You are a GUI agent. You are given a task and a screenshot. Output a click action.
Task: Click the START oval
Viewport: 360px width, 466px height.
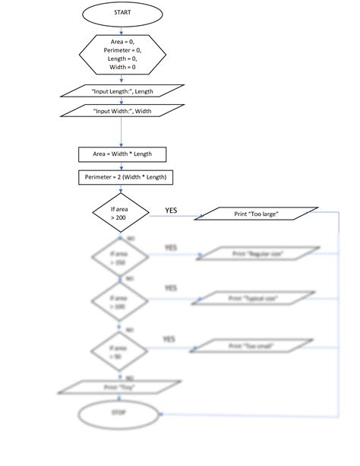[x=122, y=13]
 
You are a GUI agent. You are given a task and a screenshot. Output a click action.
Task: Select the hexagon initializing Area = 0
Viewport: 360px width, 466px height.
[x=122, y=53]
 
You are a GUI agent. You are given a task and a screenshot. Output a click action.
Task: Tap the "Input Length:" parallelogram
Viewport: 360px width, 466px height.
[x=122, y=91]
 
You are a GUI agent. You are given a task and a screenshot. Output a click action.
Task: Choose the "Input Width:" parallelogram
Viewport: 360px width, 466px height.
[x=122, y=111]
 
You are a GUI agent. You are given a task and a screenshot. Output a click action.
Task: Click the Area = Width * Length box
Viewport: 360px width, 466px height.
[x=122, y=154]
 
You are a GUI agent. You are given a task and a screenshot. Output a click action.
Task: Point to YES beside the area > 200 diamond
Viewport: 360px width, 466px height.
[x=172, y=210]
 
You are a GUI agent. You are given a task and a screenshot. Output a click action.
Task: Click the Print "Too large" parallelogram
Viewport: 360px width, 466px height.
[x=256, y=214]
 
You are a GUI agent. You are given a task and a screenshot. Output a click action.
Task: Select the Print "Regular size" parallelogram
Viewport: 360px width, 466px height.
[x=256, y=253]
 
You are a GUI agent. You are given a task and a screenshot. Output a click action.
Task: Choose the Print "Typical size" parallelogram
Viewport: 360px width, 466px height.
[x=256, y=298]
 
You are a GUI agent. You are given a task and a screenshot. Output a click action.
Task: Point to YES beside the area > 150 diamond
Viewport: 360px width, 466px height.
[x=171, y=248]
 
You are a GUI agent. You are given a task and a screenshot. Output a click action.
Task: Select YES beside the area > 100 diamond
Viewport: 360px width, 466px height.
[x=171, y=289]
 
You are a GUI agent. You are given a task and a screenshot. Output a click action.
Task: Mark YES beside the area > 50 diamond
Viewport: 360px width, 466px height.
[x=169, y=338]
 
